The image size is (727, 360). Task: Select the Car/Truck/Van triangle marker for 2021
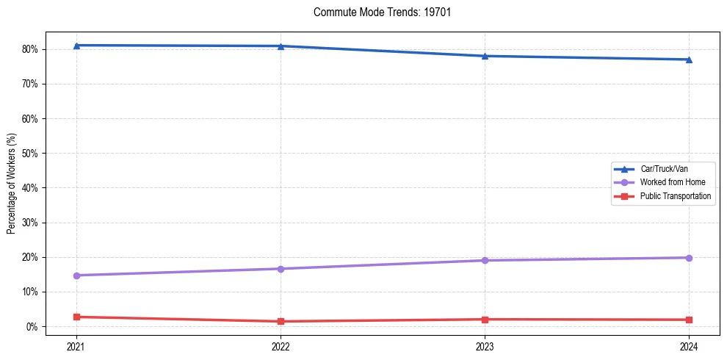(x=76, y=46)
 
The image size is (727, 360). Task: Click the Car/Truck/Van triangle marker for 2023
(x=485, y=56)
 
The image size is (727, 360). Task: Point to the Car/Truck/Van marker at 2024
(x=689, y=60)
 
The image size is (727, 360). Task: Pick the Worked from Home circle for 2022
(x=281, y=269)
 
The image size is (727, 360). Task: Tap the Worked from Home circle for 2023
(x=485, y=260)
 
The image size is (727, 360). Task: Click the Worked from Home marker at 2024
(x=689, y=258)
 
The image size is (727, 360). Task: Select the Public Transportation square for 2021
(x=76, y=317)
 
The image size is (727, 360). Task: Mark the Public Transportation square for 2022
(x=281, y=321)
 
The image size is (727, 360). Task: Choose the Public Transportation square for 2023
(x=485, y=320)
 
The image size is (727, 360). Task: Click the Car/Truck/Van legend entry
(x=663, y=169)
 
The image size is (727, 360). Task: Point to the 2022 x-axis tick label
(x=281, y=345)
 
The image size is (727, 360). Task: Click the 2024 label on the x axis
(x=689, y=345)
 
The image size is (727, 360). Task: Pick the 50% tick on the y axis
(x=31, y=154)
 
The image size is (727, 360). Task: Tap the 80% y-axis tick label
(x=31, y=49)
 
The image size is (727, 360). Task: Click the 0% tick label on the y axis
(x=33, y=326)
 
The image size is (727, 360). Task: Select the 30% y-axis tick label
(x=31, y=223)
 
